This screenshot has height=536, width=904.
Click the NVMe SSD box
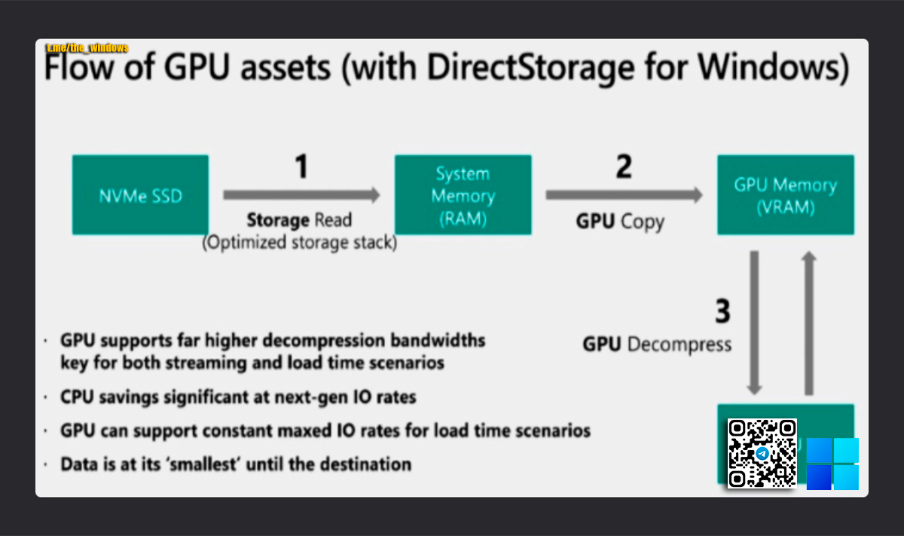140,194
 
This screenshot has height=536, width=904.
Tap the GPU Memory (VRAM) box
785,195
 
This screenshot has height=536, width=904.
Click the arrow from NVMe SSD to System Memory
301,194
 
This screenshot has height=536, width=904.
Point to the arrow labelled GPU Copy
624,194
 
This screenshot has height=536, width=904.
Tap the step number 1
301,167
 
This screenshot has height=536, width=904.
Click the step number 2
623,167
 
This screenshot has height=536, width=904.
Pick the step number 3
722,311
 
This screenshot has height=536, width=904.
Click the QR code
762,452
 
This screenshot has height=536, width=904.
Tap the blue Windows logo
832,463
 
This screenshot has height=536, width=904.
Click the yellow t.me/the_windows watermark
87,48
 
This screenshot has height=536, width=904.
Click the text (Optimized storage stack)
299,243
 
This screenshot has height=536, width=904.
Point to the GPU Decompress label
657,345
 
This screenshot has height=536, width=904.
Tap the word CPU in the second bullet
78,396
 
